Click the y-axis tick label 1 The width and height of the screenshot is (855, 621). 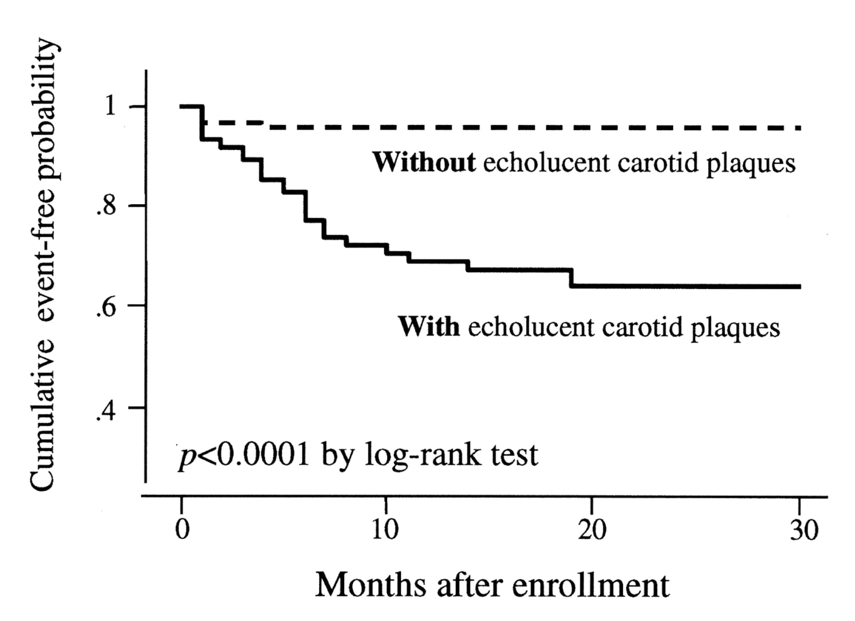tap(110, 105)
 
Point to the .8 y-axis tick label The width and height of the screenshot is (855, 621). tap(106, 206)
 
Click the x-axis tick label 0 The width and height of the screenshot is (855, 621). tap(182, 530)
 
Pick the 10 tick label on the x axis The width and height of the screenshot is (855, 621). tap(385, 530)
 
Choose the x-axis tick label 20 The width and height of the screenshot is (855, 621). tap(592, 530)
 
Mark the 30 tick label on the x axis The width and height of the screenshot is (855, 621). tap(804, 530)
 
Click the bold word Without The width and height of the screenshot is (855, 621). tap(424, 162)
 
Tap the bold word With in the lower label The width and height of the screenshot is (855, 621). tap(429, 327)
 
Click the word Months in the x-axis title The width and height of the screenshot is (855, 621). tap(370, 585)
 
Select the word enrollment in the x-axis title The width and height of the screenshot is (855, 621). tap(591, 585)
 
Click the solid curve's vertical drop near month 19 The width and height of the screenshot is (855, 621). tap(572, 278)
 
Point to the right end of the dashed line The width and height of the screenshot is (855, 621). tap(799, 128)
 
